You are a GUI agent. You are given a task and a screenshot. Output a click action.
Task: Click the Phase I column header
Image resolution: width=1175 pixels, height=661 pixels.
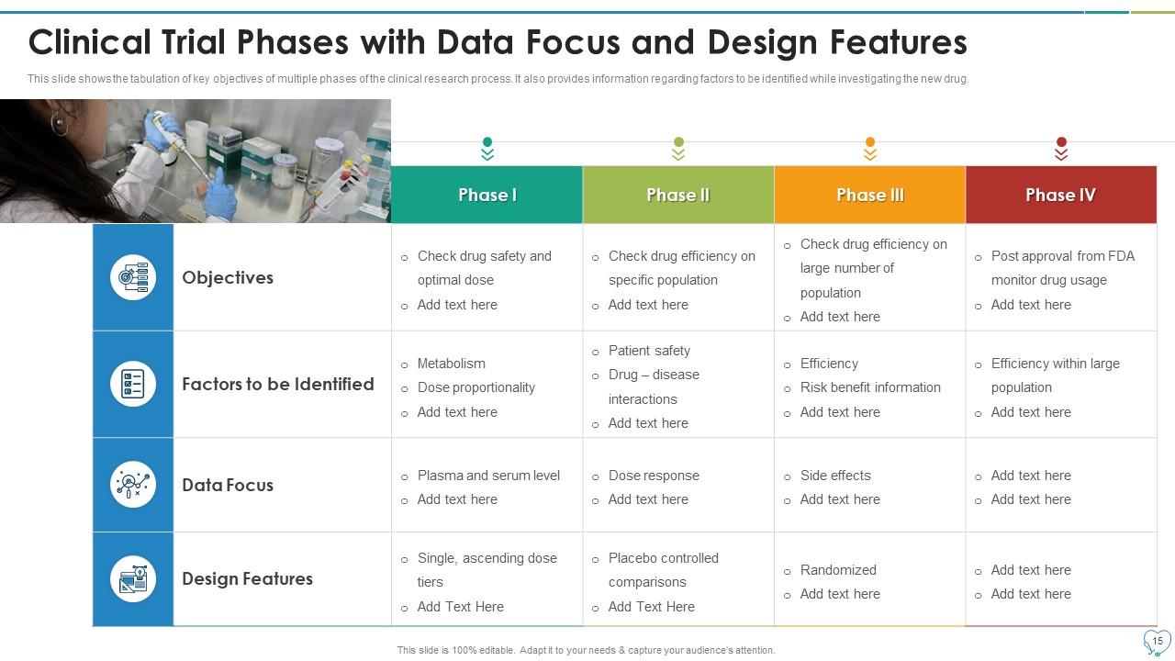tap(487, 195)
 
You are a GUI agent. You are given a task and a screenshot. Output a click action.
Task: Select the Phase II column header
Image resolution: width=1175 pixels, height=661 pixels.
tap(678, 195)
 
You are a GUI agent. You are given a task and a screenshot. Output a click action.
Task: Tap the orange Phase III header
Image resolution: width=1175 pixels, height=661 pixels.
tap(869, 195)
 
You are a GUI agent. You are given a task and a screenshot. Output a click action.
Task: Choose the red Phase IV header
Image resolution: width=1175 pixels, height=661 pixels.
tap(1060, 195)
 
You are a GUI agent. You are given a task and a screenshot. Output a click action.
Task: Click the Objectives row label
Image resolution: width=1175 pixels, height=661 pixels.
tap(228, 277)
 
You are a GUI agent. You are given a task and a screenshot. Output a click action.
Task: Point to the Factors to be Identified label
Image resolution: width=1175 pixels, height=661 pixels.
tap(277, 384)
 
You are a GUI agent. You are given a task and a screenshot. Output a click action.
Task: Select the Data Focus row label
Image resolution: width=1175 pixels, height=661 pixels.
tap(228, 485)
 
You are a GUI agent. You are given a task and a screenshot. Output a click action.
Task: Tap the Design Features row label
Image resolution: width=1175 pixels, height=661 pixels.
tap(247, 578)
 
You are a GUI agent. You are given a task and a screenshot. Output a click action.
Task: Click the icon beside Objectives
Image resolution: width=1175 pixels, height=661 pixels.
tap(133, 277)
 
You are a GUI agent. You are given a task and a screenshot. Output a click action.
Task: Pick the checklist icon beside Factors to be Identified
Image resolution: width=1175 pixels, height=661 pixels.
tap(133, 384)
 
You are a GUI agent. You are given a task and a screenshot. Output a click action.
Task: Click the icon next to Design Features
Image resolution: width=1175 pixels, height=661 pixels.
tap(133, 579)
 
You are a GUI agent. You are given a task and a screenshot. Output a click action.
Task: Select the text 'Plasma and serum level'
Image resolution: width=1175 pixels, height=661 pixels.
tap(488, 476)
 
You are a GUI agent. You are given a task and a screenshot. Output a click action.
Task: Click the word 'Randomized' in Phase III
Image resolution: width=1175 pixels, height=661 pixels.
tap(838, 570)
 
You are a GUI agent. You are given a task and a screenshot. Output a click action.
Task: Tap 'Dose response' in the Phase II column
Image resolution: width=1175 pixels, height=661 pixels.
tap(654, 476)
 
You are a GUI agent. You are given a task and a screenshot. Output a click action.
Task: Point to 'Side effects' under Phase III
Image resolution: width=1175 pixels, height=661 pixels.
tap(835, 476)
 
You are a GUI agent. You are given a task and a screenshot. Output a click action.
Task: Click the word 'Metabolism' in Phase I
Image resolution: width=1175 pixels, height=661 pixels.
tap(452, 364)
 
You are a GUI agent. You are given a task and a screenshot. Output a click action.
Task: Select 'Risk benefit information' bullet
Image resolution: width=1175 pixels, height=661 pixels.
tap(870, 387)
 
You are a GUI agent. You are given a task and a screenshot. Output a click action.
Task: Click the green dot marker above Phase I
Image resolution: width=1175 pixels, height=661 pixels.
tap(487, 142)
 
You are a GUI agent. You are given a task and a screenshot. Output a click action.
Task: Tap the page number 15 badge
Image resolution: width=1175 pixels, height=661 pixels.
tap(1157, 641)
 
